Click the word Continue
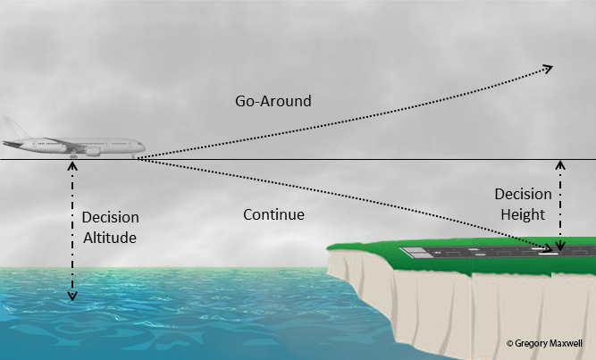pyautogui.click(x=274, y=215)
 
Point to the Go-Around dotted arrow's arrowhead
pyautogui.click(x=549, y=68)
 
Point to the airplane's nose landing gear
pyautogui.click(x=135, y=157)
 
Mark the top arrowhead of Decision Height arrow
pyautogui.click(x=560, y=164)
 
